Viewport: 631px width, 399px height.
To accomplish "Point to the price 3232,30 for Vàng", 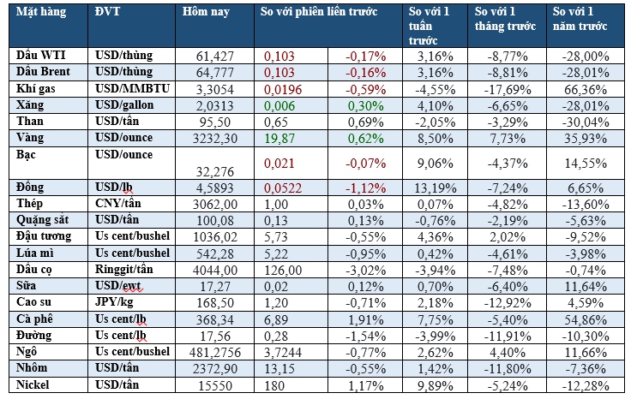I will (208, 138).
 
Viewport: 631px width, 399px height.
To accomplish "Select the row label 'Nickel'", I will (35, 385).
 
